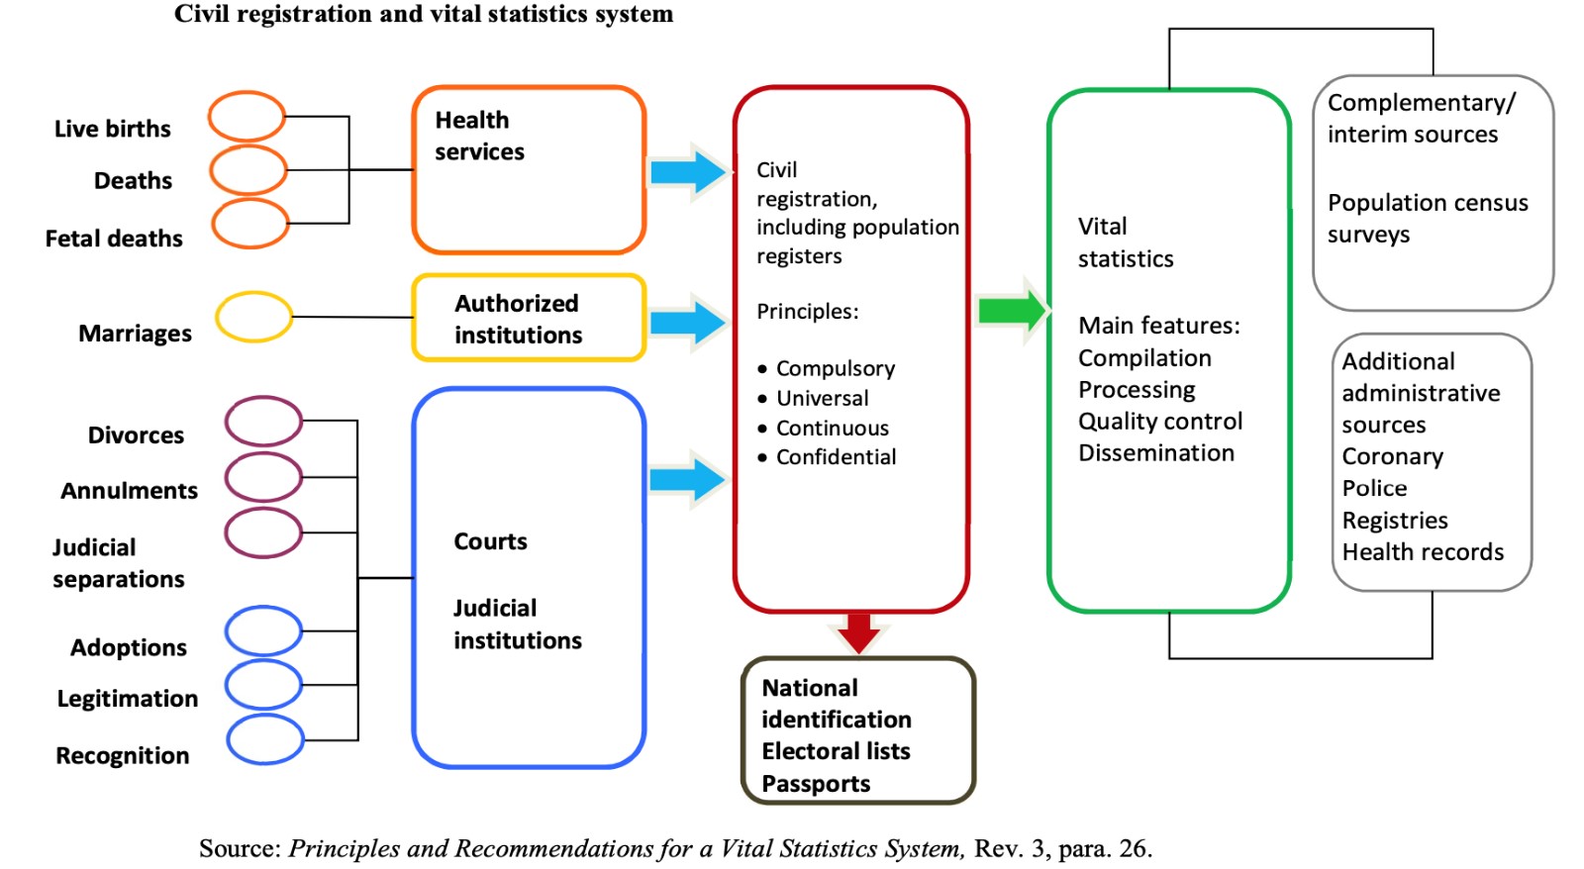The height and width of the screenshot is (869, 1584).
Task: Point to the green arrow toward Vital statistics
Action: click(1012, 311)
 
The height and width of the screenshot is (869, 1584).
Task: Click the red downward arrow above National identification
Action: click(858, 633)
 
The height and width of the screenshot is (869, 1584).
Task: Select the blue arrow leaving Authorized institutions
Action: click(688, 323)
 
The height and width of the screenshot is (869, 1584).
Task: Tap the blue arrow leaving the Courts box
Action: click(688, 479)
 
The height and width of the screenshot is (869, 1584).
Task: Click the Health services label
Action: click(479, 136)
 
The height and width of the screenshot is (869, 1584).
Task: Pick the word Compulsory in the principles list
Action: click(836, 368)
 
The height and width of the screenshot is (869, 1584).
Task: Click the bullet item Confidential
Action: click(827, 457)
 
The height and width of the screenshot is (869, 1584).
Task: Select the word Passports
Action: click(816, 784)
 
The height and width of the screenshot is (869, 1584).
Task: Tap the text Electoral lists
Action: click(836, 751)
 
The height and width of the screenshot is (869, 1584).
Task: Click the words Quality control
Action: click(1160, 422)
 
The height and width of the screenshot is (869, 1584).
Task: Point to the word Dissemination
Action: click(1156, 452)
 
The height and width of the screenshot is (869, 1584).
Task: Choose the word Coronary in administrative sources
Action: click(1392, 457)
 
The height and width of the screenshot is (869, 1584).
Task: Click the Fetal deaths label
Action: click(114, 239)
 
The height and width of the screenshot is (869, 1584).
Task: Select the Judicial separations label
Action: click(119, 563)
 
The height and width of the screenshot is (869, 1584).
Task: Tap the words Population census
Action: click(1428, 203)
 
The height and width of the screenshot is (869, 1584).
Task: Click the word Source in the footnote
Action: click(240, 848)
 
